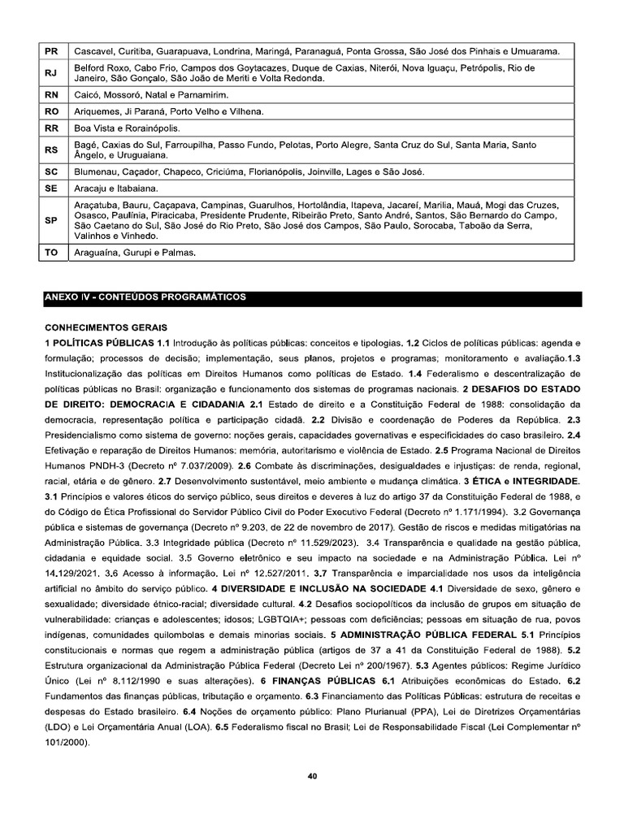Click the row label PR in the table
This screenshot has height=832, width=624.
click(x=50, y=51)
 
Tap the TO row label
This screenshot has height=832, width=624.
click(x=50, y=253)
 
